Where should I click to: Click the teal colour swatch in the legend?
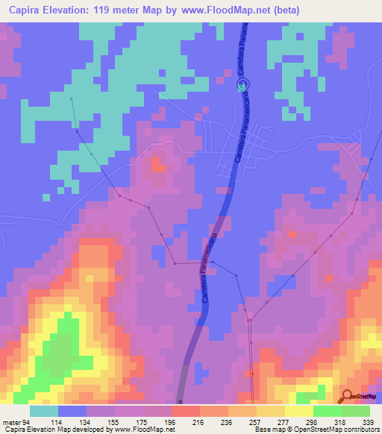44,411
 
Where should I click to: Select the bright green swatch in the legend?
355,411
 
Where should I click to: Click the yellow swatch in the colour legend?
298,411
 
